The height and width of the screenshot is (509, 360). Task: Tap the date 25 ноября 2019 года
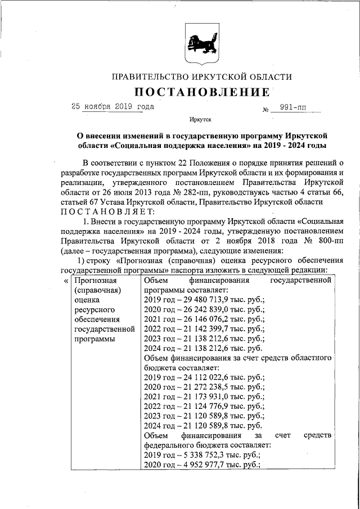click(x=112, y=106)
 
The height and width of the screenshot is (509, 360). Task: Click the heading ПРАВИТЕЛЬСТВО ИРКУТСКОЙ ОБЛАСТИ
click(x=202, y=76)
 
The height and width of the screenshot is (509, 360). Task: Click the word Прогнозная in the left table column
click(x=95, y=281)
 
